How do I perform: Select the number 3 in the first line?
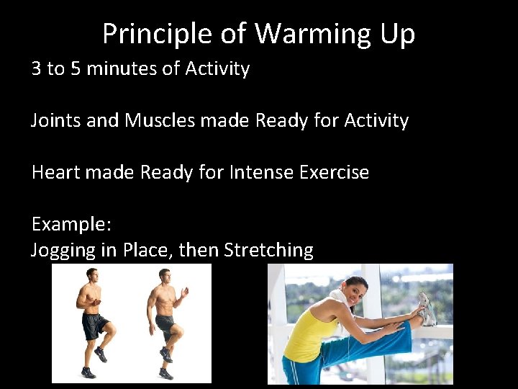click(x=37, y=69)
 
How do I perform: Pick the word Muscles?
click(x=160, y=120)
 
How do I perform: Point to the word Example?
click(x=71, y=224)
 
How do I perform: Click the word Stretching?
click(x=268, y=251)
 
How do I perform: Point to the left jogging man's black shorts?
click(x=94, y=326)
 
